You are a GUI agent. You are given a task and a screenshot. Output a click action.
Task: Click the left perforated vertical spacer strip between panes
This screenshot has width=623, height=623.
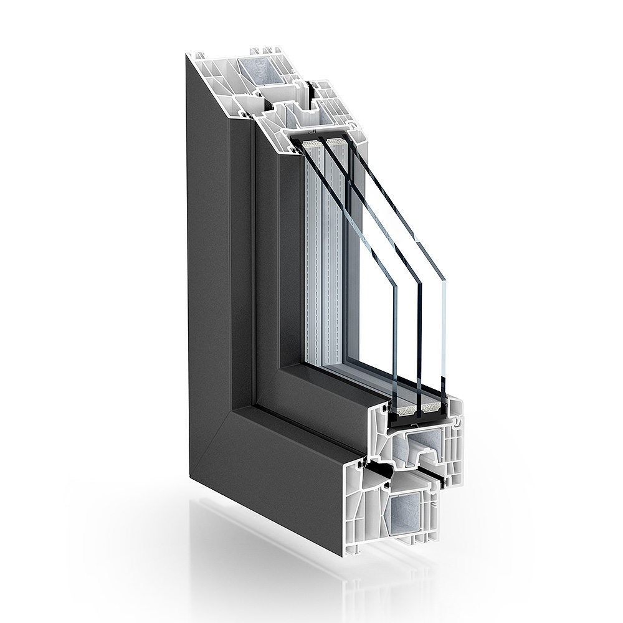coord(318,262)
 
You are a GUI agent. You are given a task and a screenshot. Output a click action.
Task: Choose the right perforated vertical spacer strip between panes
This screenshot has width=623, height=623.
coord(340,262)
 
